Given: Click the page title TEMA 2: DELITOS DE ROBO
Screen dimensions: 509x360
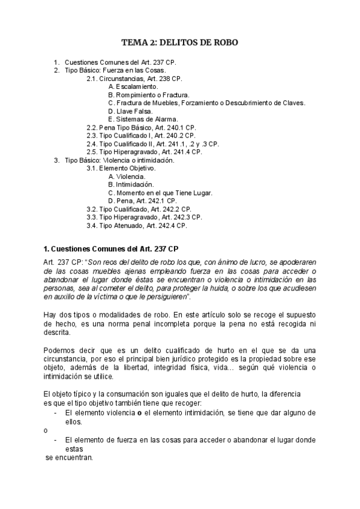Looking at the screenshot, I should (x=180, y=42).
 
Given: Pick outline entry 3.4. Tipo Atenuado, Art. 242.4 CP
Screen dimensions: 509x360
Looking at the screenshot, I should (x=137, y=226).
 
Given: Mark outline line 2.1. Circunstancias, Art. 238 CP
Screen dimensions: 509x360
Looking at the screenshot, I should (x=134, y=79).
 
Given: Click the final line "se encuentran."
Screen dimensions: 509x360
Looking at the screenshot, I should (x=70, y=458).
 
